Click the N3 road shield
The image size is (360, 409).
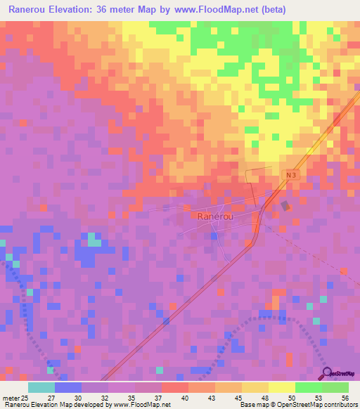pos(290,173)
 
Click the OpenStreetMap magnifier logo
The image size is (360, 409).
pos(328,374)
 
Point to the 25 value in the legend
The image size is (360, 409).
pos(26,398)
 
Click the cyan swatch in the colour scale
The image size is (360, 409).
pos(41,387)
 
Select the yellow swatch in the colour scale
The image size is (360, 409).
pos(281,387)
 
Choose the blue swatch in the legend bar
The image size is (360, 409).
pos(68,387)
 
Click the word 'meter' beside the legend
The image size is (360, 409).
pos(11,398)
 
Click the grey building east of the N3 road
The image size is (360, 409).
pos(284,206)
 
